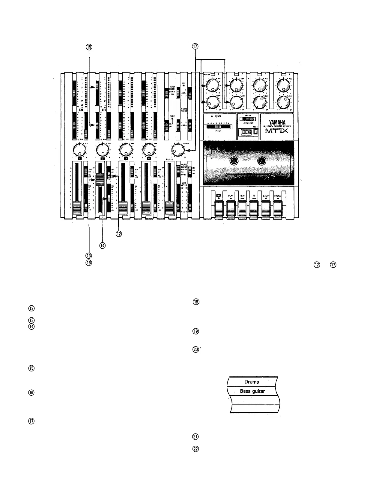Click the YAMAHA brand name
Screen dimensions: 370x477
pyautogui.click(x=277, y=122)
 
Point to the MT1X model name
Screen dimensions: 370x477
pyautogui.click(x=277, y=131)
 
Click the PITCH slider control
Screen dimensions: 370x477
pyautogui.click(x=218, y=127)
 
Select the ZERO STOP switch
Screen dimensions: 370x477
pyautogui.click(x=248, y=119)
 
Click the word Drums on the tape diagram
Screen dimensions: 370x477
pyautogui.click(x=252, y=382)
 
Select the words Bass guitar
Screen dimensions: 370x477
pyautogui.click(x=252, y=391)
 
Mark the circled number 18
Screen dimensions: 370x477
pyautogui.click(x=196, y=302)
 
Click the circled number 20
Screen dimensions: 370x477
pyautogui.click(x=196, y=349)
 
